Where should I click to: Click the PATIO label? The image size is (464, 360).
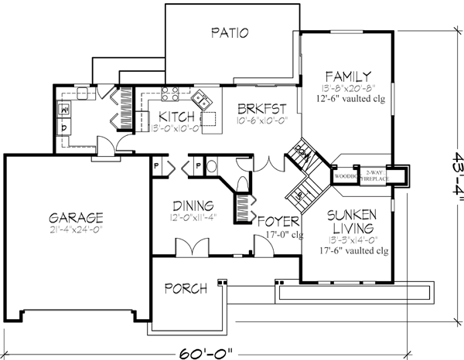click(x=229, y=33)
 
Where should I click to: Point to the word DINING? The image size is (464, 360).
click(x=193, y=205)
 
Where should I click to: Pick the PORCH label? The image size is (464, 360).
click(x=186, y=289)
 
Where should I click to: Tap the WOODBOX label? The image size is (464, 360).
click(x=343, y=176)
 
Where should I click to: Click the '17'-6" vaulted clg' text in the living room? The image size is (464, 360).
click(x=348, y=240)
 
